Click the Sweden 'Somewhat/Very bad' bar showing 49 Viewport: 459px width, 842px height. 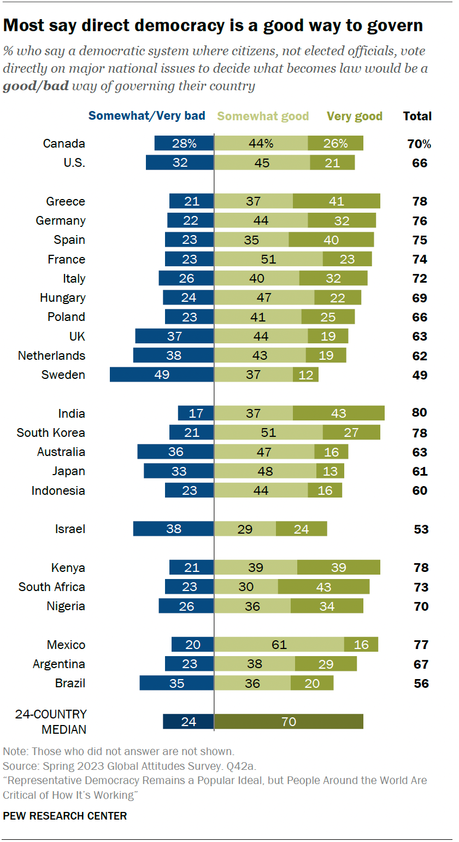point(162,375)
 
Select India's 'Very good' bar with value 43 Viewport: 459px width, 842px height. point(338,413)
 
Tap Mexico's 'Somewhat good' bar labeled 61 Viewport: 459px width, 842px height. point(279,645)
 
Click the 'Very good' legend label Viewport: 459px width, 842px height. point(354,116)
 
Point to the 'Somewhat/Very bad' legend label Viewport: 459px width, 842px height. point(147,116)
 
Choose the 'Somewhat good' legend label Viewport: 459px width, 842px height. point(263,116)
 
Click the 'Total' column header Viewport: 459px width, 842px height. point(417,116)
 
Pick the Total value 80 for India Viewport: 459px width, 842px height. point(420,413)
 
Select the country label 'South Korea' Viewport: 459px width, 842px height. point(51,432)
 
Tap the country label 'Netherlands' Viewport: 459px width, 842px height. point(51,355)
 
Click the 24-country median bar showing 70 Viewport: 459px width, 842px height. point(289,722)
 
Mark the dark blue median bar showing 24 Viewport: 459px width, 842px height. point(188,722)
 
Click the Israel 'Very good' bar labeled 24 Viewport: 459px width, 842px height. point(301,529)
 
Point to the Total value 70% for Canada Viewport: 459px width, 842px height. point(420,144)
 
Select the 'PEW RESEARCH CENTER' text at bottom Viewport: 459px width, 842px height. point(64,816)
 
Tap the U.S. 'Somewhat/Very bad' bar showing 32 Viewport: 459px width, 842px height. point(180,163)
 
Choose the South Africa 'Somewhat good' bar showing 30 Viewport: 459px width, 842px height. point(246,587)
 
